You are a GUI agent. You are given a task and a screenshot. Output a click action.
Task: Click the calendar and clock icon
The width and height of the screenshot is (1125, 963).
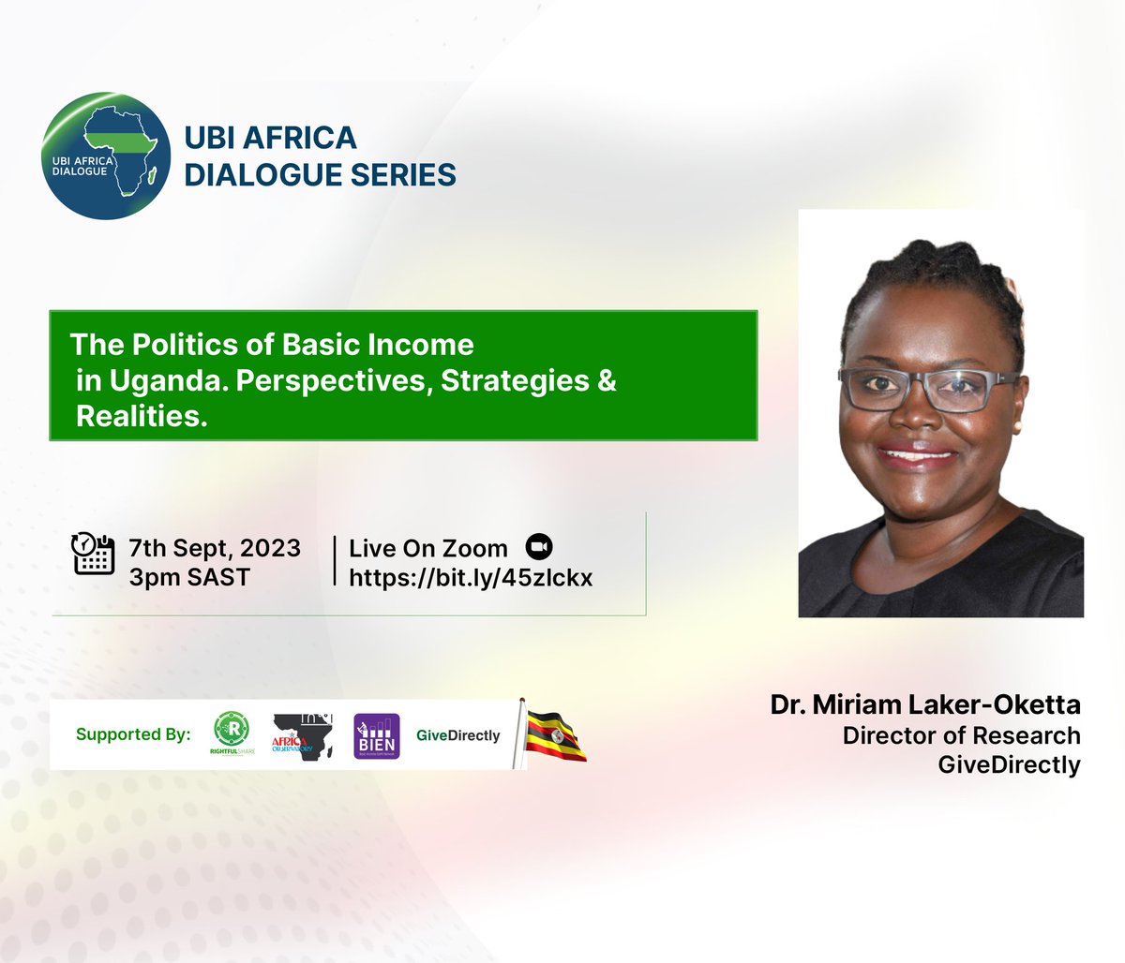click(94, 553)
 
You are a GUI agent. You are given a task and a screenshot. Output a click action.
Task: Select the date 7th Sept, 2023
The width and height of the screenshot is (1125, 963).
click(216, 547)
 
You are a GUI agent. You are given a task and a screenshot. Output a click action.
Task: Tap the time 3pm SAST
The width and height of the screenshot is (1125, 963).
click(190, 577)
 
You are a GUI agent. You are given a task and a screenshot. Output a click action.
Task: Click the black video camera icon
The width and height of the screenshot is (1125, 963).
click(541, 547)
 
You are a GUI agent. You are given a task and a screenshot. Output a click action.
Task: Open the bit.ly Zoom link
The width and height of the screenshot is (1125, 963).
click(471, 578)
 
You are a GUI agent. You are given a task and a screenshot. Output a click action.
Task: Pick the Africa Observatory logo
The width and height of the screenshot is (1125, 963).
click(304, 733)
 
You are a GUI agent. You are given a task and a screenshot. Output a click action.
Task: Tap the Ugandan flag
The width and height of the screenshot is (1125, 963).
click(555, 733)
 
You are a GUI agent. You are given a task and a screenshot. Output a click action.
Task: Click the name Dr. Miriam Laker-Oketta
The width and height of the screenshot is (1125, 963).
click(925, 704)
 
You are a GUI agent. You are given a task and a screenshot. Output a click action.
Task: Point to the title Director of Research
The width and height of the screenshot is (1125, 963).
click(961, 735)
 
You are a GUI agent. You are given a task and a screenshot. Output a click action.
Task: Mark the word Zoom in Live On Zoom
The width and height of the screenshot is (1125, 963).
click(477, 548)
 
